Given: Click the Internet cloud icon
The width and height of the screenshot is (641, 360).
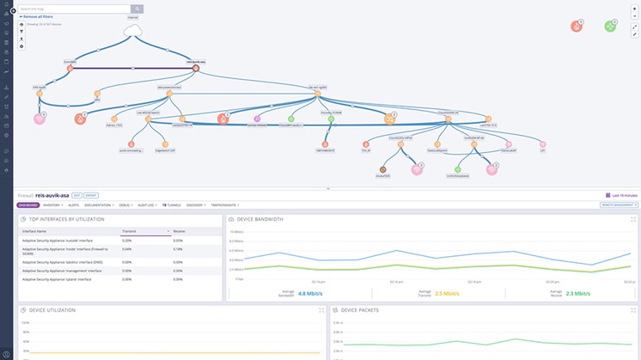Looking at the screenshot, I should pos(133,33).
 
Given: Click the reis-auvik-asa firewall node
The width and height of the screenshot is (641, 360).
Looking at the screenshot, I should pos(197,67).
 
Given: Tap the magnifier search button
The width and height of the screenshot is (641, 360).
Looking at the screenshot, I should pos(137,9).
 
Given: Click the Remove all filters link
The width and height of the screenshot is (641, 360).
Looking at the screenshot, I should pos(39,16).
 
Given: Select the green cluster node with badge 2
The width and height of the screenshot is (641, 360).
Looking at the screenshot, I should pos(610,27).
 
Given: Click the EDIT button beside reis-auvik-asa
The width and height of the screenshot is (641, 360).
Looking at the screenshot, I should pos(76,196).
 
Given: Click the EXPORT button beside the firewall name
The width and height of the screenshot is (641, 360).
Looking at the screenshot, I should pos(90,196).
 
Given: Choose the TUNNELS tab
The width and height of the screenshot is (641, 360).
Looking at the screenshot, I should pos(171,205).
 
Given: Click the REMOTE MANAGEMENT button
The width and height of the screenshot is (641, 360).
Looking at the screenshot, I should pos(618,205).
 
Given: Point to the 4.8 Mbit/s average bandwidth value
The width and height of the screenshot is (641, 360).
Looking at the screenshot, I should pos(310,294).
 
